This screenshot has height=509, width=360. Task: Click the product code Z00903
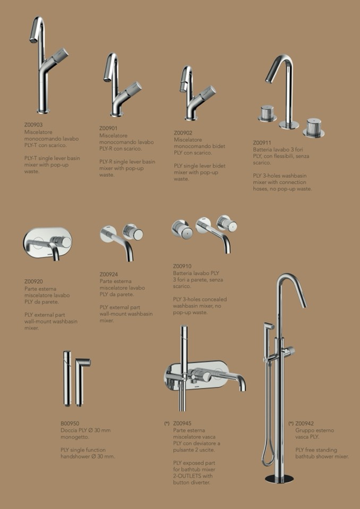coord(33,125)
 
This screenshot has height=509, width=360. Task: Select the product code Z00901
coord(108,128)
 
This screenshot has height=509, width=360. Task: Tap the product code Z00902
coord(183,133)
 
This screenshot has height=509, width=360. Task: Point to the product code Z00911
coord(262,142)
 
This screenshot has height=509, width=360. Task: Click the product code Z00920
coord(33,281)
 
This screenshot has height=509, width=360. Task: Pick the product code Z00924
coord(109,274)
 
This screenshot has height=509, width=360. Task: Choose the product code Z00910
coord(182,266)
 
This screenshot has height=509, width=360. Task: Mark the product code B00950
coord(70,424)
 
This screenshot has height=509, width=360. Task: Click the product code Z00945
coord(182,424)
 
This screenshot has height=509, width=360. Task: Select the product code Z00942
coord(304,424)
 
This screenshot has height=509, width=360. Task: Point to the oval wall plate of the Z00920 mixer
coord(47,242)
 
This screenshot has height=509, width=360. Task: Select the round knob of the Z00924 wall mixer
coord(134,232)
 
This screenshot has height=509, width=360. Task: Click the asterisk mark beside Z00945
coord(167,424)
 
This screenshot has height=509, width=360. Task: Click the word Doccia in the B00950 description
coord(68,430)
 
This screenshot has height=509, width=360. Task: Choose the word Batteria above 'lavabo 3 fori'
coord(262,150)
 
